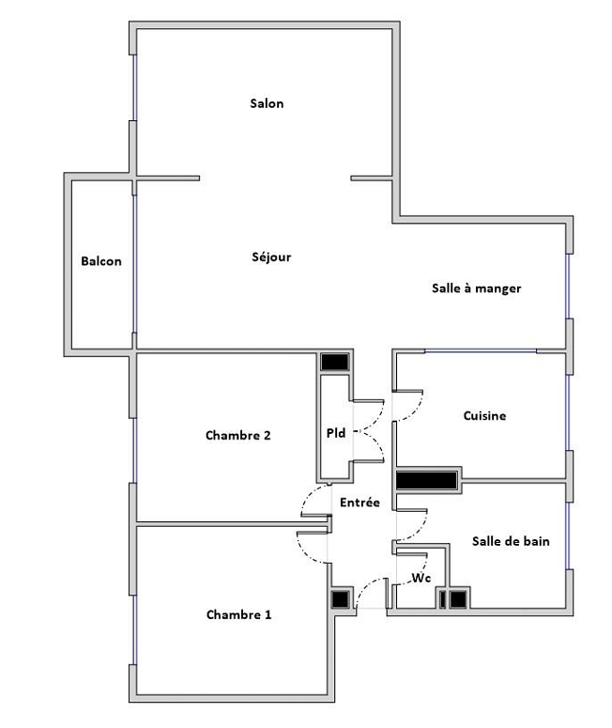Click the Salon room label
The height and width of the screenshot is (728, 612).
[267, 103]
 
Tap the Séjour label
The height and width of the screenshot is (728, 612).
[271, 256]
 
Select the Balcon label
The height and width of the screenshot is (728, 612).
[101, 261]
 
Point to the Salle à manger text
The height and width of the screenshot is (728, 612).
[477, 288]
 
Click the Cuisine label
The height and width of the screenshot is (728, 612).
[484, 415]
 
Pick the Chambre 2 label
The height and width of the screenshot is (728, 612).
[238, 436]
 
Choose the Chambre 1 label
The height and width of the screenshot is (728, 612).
[238, 614]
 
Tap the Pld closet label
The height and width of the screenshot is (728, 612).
[336, 433]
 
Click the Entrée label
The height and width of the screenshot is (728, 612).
[360, 503]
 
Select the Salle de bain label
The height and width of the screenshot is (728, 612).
[511, 541]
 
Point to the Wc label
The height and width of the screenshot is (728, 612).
[421, 578]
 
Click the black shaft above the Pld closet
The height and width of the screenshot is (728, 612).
[334, 363]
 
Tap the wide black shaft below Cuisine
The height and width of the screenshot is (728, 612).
[426, 481]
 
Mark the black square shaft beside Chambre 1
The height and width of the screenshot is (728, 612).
[340, 599]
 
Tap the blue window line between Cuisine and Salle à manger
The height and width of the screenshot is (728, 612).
[481, 350]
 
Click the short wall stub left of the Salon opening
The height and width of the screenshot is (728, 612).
[168, 178]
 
